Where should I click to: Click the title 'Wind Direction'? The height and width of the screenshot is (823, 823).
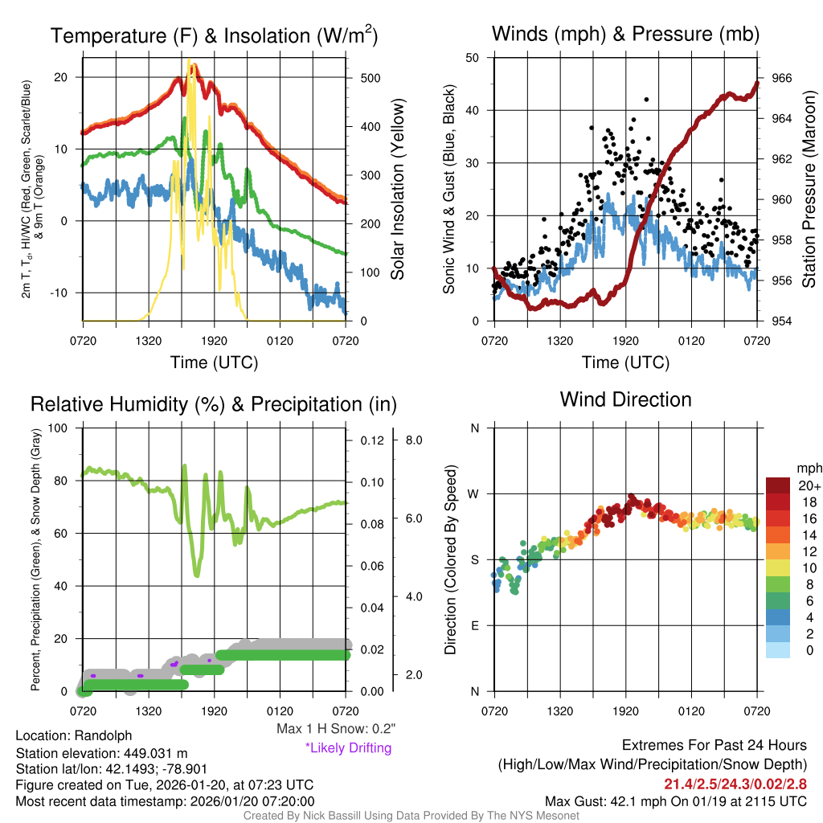point(625,399)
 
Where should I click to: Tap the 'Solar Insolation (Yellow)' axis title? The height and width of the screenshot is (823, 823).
point(397,190)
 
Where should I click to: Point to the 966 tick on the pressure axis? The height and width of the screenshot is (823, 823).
point(783,78)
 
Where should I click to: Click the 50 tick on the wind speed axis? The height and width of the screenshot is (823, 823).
point(473,58)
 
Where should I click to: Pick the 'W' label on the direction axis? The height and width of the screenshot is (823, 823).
point(474,493)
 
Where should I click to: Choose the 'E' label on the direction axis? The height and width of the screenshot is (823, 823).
point(475,625)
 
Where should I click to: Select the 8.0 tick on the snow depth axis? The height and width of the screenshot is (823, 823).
point(414,440)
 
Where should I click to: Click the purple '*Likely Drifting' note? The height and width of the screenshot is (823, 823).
point(348,747)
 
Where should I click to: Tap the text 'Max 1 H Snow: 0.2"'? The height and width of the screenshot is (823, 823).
point(335,729)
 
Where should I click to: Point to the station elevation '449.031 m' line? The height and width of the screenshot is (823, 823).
point(101,753)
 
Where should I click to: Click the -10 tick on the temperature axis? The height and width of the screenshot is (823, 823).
point(64,293)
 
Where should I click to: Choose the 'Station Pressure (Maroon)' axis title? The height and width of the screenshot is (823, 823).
point(809,190)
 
